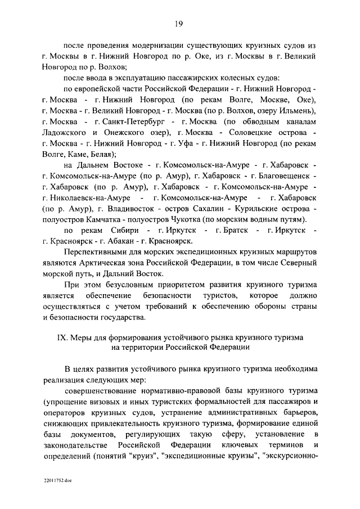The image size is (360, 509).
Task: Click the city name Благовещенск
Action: coord(288,176)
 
